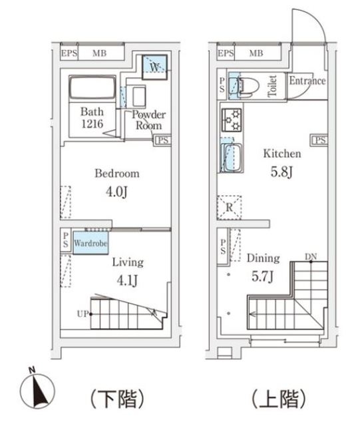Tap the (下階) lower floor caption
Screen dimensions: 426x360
(117, 399)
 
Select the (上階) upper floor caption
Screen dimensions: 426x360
(277, 399)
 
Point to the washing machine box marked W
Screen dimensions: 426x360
(154, 67)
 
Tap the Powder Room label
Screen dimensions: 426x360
(150, 118)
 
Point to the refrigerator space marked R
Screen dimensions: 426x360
(229, 207)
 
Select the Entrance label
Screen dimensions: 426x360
(307, 81)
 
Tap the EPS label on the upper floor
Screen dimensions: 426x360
(226, 53)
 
